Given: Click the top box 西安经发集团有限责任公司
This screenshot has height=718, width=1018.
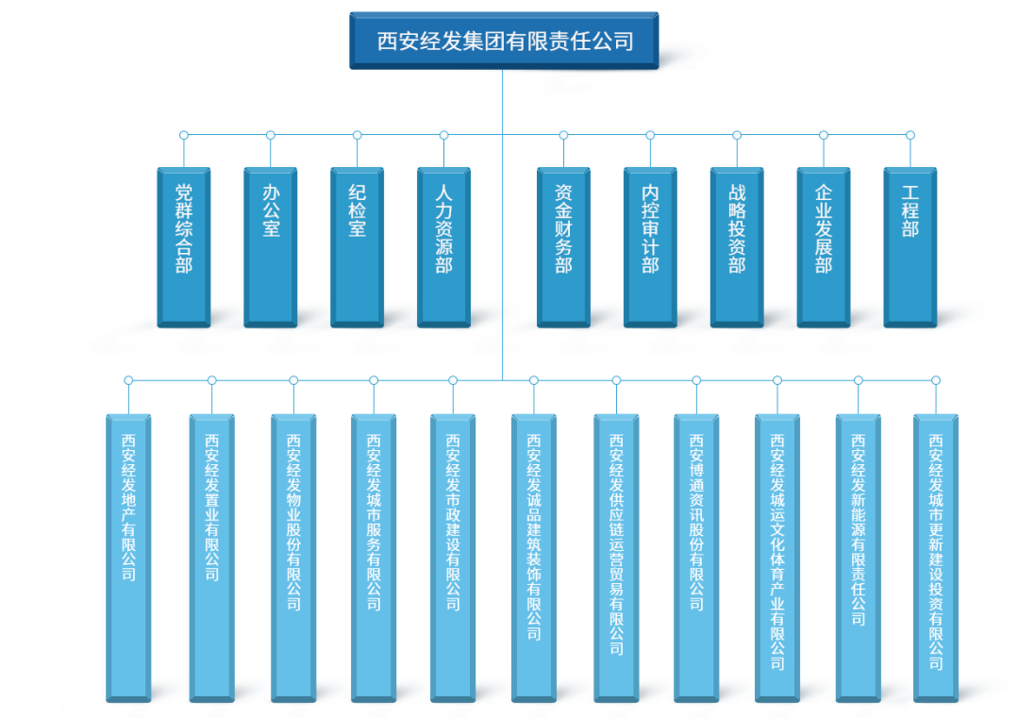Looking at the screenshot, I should coord(503,41).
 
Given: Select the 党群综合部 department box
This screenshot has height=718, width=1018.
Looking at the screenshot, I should coord(184,247).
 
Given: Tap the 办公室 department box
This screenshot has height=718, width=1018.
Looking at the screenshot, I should coord(271,247).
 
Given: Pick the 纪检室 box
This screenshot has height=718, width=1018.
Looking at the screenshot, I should coord(357,247).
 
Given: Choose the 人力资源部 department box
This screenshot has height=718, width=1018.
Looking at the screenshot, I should coord(443,247).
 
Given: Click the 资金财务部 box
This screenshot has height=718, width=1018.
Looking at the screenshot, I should coord(563,247).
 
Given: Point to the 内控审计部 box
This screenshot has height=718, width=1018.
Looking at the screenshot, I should coord(650,247).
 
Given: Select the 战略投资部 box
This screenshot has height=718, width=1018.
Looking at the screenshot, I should coord(737,247).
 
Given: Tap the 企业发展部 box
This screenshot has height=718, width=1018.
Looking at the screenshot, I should coord(824,247).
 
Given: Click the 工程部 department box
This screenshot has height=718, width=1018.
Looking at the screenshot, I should coord(910,247).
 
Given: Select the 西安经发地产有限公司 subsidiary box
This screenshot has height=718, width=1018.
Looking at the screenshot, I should coord(128,557).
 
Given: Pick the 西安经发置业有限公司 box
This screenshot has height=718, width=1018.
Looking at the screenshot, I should coord(211,557).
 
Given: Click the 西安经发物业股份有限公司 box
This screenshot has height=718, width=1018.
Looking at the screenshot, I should coord(293,557).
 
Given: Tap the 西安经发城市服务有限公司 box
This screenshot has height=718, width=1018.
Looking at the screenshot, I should coord(374,557).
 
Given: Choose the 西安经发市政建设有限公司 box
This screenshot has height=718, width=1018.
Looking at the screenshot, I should coord(453,557).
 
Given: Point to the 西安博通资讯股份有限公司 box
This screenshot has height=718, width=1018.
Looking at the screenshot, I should coord(696,557).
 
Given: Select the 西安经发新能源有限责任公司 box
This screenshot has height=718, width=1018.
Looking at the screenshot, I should coord(859,557).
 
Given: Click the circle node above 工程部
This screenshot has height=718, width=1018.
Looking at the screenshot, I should coord(910,135).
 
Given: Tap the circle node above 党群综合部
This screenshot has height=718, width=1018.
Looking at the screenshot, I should coord(184,135).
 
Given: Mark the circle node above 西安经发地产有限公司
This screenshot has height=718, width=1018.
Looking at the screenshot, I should coord(128,380).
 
